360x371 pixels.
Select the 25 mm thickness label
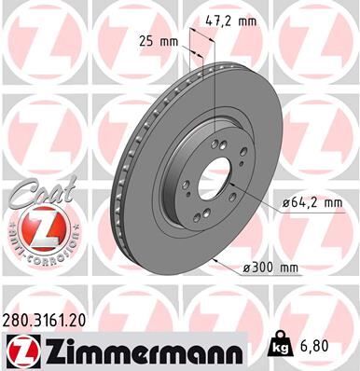point(165,42)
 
